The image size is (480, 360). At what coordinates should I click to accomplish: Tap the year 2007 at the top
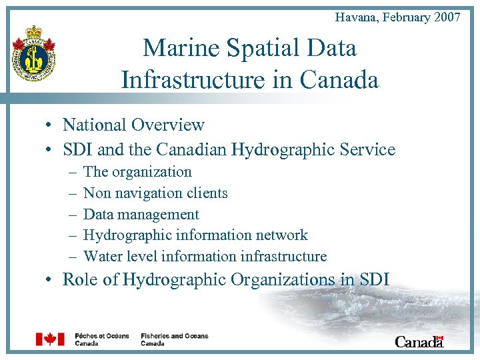pos(447,17)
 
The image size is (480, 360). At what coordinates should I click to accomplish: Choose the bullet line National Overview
pos(133,125)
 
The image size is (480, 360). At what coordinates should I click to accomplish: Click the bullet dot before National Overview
pos(50,125)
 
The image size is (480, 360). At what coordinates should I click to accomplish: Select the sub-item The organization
pos(137,171)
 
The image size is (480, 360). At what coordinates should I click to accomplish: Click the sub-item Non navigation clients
pos(155,193)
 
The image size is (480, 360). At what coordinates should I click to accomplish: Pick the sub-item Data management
pos(141,214)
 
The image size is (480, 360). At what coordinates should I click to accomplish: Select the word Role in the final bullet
pos(79,279)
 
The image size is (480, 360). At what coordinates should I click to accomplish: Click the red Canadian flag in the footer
pos(50,339)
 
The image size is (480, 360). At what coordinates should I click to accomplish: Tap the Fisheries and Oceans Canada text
pos(174,339)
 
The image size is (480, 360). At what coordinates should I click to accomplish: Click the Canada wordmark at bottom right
pos(419,341)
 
